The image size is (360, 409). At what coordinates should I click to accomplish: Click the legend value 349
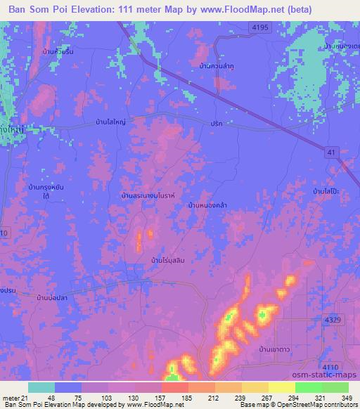point(345,398)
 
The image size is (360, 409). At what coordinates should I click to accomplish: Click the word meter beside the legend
point(13,398)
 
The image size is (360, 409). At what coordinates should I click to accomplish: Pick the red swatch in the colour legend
point(174,387)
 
